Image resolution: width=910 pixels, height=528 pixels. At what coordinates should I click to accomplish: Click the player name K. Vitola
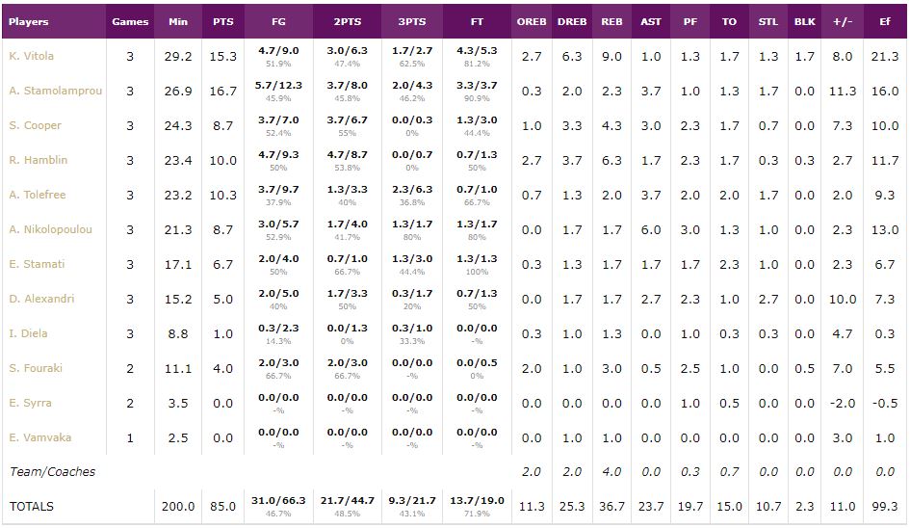coord(31,56)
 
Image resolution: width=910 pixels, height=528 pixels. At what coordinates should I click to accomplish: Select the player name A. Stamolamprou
coord(56,91)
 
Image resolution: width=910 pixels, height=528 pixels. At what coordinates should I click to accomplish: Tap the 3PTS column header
coord(413,21)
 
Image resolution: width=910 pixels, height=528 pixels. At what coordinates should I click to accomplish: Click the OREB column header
coord(532,21)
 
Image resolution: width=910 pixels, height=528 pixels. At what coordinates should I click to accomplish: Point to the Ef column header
coord(885,21)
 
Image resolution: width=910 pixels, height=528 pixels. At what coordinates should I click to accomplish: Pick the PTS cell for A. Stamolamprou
coord(222,91)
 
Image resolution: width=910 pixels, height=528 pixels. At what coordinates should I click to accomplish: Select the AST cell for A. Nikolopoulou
coord(651,229)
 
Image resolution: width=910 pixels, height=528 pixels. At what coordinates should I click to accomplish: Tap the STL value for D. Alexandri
coord(767,299)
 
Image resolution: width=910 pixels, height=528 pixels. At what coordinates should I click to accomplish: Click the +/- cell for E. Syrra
coord(843,403)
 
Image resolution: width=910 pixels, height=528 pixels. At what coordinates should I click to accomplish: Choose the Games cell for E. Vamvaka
coord(130,437)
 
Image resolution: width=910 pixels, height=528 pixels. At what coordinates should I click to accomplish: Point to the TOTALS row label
coord(31,506)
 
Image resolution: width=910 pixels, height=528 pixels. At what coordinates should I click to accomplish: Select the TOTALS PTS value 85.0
coord(222,506)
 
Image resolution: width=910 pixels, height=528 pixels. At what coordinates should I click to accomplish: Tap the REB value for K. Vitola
coord(611,56)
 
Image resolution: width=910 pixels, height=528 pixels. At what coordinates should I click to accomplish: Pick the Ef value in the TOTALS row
coord(885,506)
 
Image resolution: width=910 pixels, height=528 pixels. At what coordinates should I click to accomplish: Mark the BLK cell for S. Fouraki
coord(804,368)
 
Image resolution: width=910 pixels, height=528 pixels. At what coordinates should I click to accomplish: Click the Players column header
coord(29,21)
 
